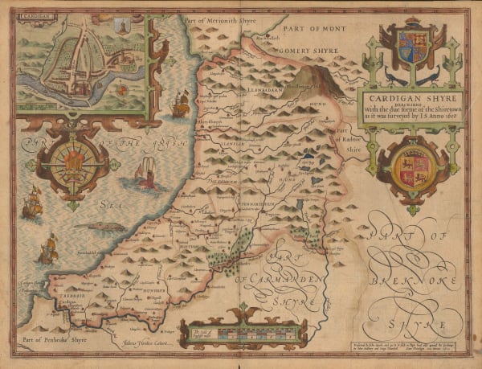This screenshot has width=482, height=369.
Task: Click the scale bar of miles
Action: (222, 332)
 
